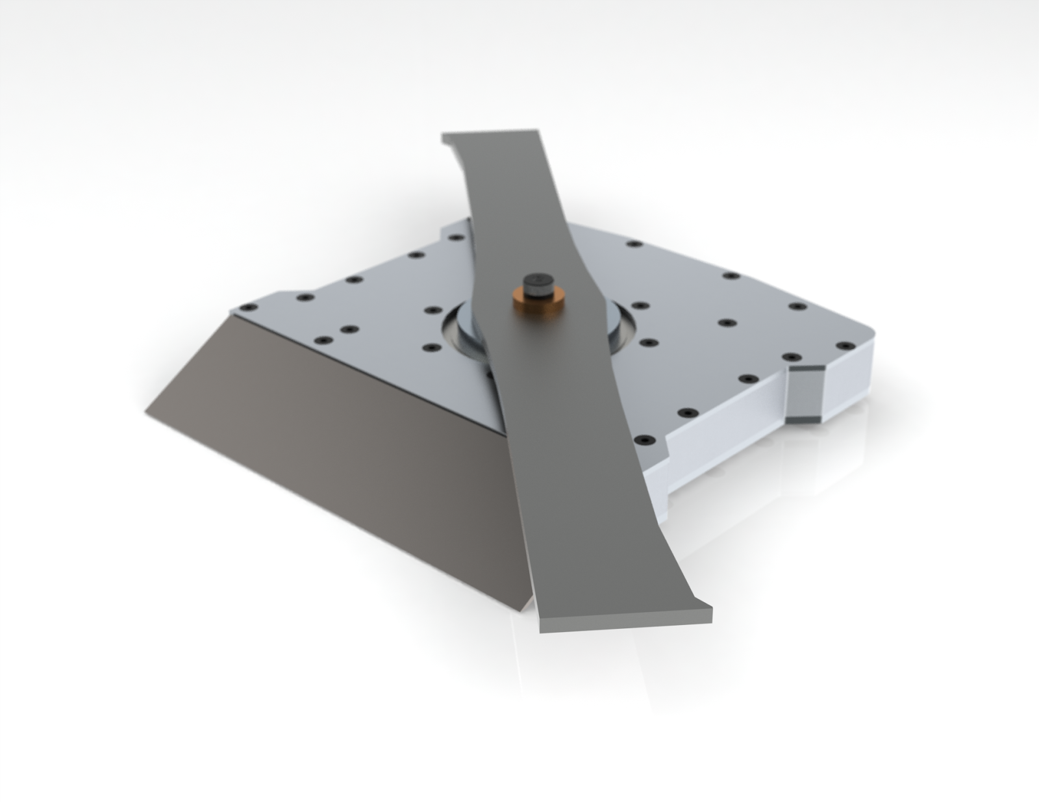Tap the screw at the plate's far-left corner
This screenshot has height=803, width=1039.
[x=245, y=308]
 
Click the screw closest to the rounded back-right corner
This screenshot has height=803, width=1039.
[x=844, y=345]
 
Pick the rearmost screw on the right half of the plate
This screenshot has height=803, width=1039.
[x=632, y=244]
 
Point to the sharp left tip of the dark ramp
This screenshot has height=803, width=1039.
[x=146, y=411]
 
